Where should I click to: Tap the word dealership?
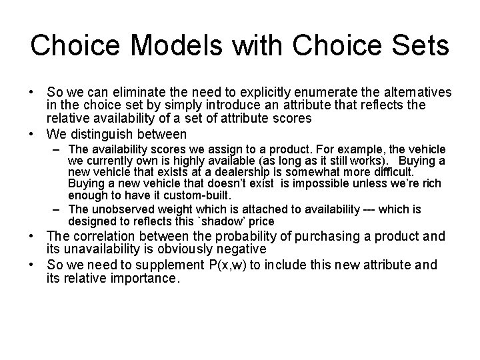pos(260,173)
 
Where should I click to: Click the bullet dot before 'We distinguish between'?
pos(34,133)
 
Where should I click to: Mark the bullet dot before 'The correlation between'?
pos(34,236)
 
